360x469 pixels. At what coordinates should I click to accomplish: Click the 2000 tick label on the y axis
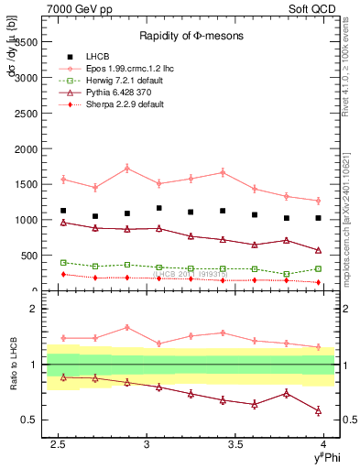click(x=26, y=148)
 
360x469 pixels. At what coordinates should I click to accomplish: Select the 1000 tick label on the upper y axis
click(x=26, y=220)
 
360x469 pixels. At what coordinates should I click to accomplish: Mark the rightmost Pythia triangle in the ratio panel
click(x=318, y=410)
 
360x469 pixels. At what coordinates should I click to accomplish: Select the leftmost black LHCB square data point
click(x=63, y=211)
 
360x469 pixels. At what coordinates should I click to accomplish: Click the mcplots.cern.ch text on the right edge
click(x=350, y=220)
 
